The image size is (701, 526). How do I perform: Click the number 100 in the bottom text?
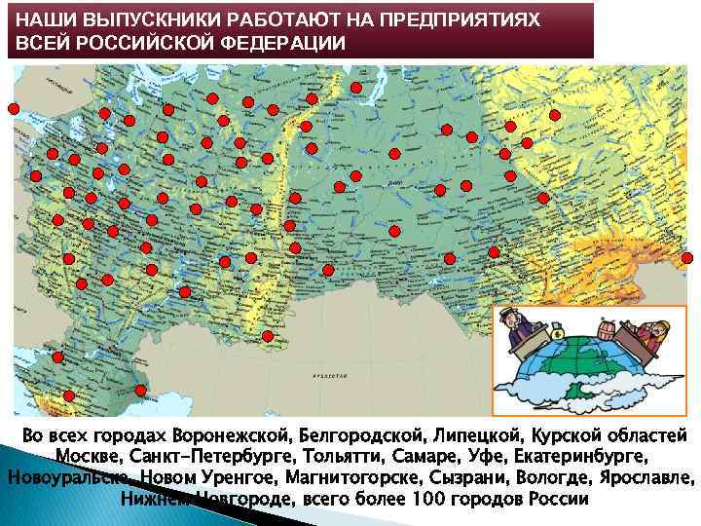tap(433, 499)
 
